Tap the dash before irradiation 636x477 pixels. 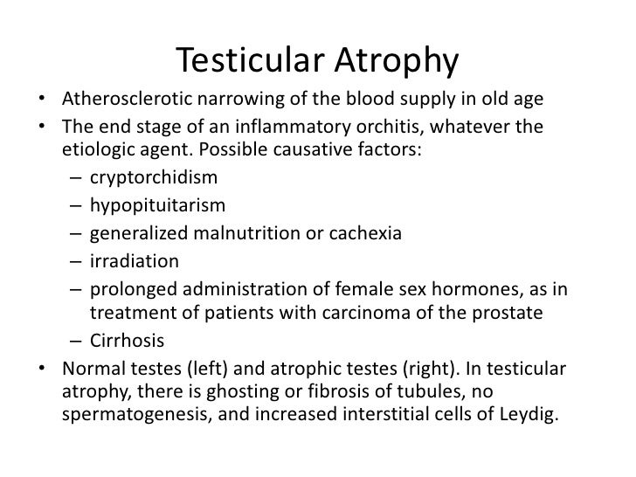click(76, 261)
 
